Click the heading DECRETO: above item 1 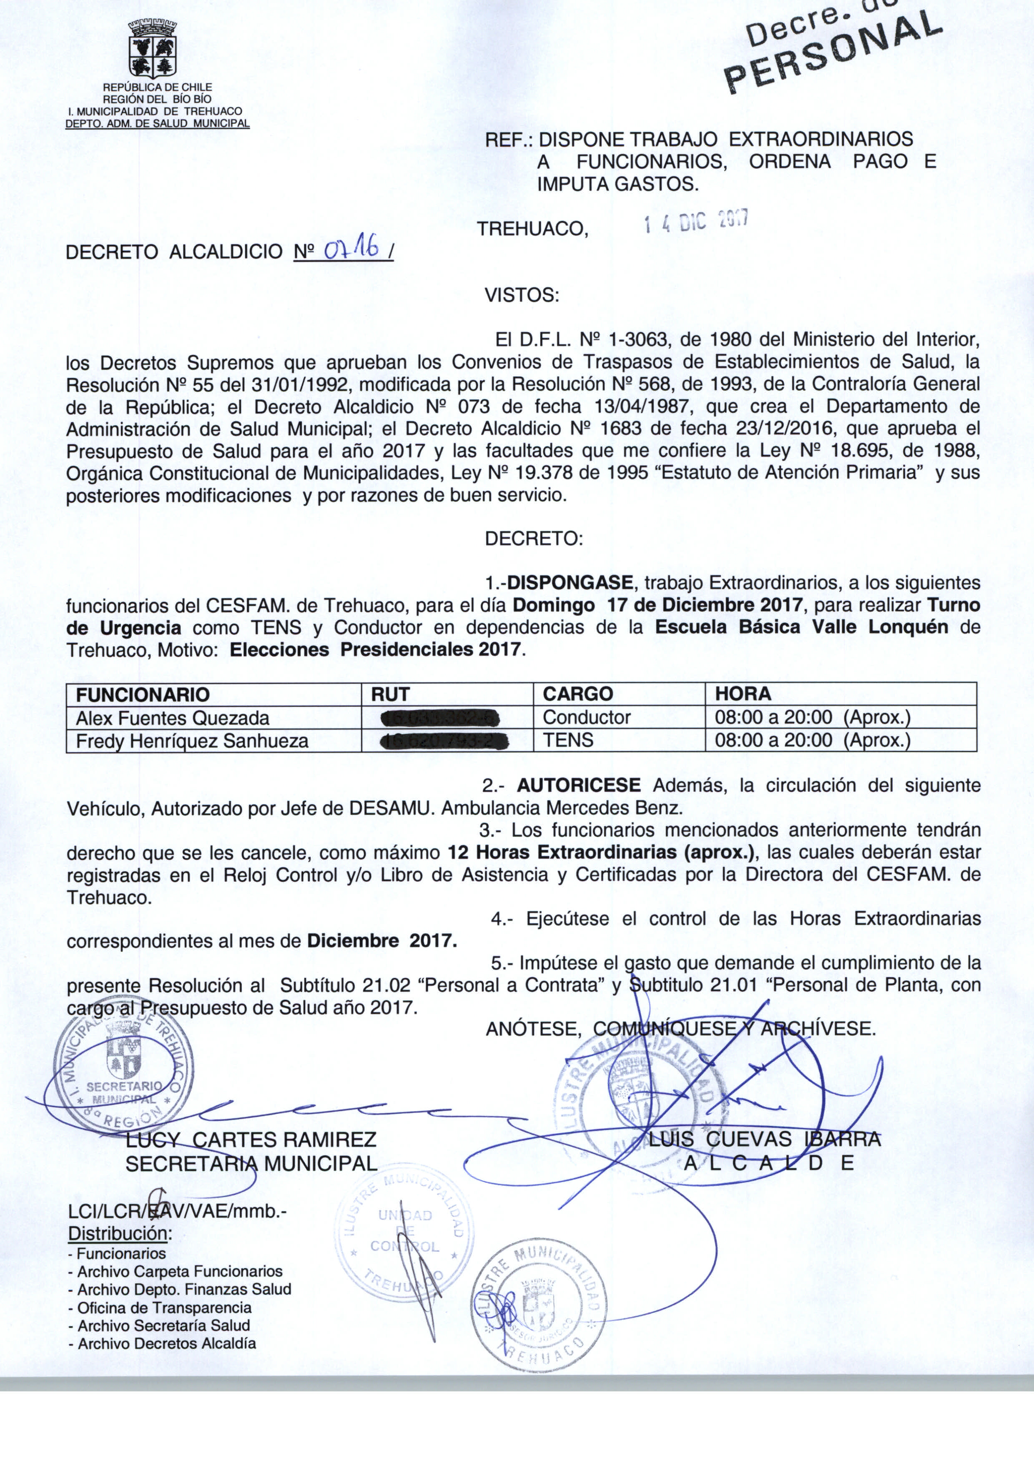(534, 539)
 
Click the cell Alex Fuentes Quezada (173, 718)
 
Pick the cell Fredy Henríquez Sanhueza (192, 741)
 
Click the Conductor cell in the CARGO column (586, 718)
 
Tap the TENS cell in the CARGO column (568, 741)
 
